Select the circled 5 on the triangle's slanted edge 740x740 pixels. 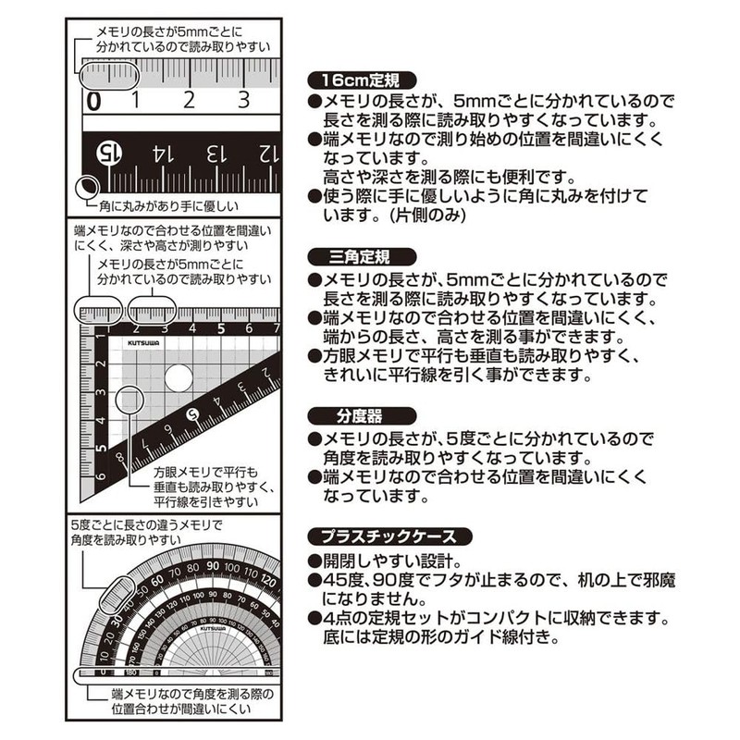click(193, 414)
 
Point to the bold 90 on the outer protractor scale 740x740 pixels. click(214, 567)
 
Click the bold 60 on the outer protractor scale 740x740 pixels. click(157, 581)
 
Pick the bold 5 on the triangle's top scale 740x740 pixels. click(222, 327)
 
